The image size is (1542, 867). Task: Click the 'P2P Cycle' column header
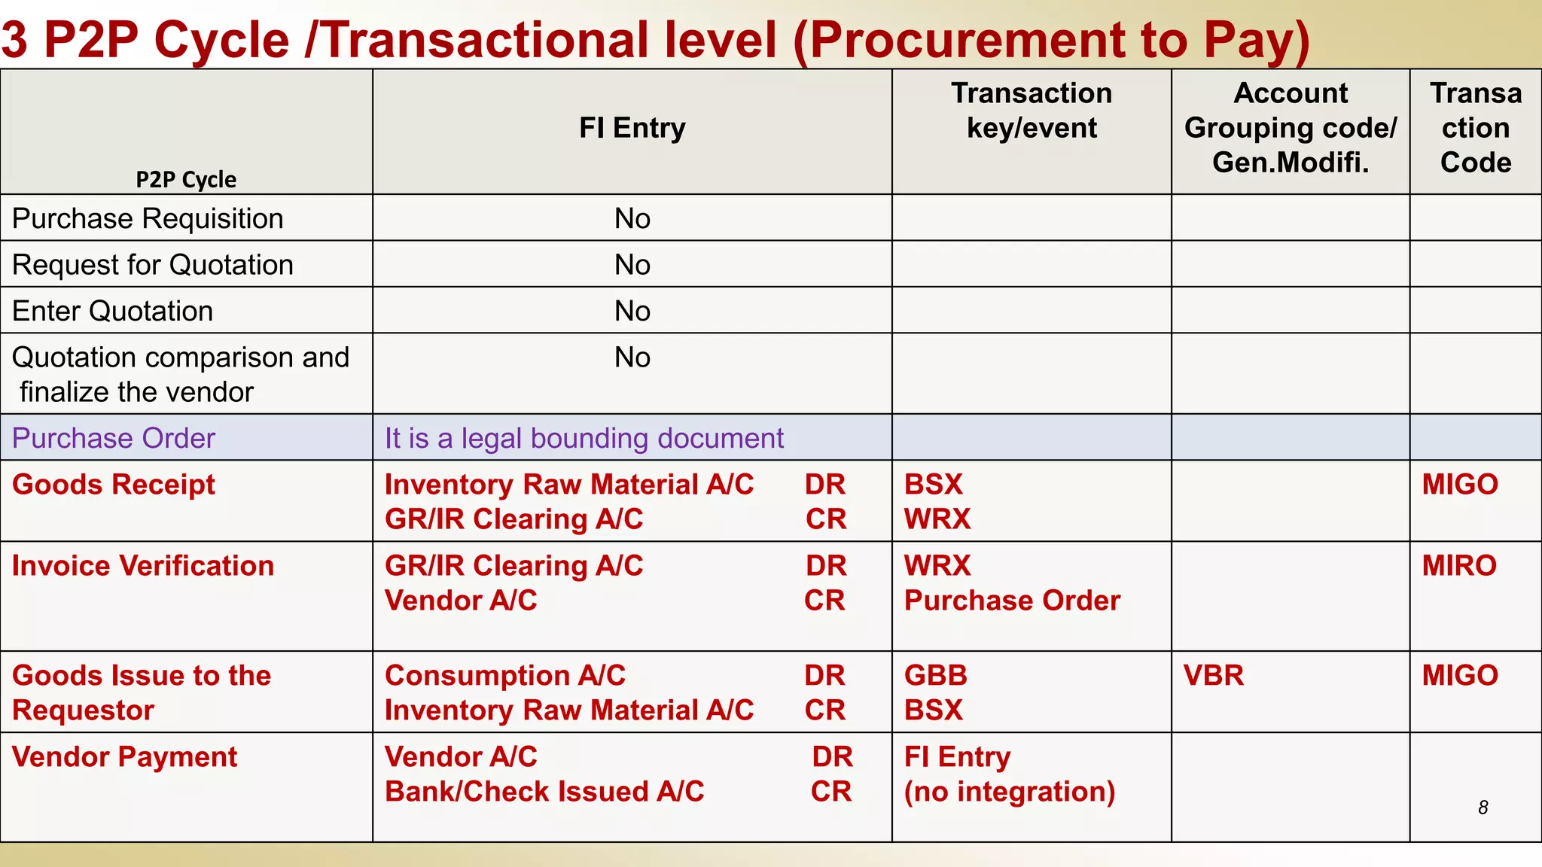point(186,180)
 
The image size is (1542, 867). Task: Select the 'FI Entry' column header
point(632,128)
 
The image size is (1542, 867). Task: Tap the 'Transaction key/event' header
point(1032,111)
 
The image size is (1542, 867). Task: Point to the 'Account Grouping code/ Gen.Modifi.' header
point(1291,128)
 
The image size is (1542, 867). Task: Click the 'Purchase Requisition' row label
point(148,219)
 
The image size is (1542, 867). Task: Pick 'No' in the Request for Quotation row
point(632,265)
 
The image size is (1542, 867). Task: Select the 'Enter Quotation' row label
point(112,312)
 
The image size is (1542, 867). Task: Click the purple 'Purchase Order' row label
point(114,438)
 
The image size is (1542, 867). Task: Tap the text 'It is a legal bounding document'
point(584,438)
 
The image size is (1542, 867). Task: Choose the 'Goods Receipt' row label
point(114,485)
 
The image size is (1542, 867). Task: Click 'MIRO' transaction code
point(1459,566)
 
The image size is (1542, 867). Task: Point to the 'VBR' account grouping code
point(1213,676)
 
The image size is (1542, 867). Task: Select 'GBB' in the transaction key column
point(935,676)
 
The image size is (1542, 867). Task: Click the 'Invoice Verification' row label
point(143,566)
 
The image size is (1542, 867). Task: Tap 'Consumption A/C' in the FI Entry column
point(505,676)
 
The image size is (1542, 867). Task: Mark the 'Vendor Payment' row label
point(124,757)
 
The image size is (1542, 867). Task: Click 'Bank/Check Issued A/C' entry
point(544,792)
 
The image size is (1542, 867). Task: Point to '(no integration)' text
point(1010,792)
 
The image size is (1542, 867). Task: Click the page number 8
point(1483,808)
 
